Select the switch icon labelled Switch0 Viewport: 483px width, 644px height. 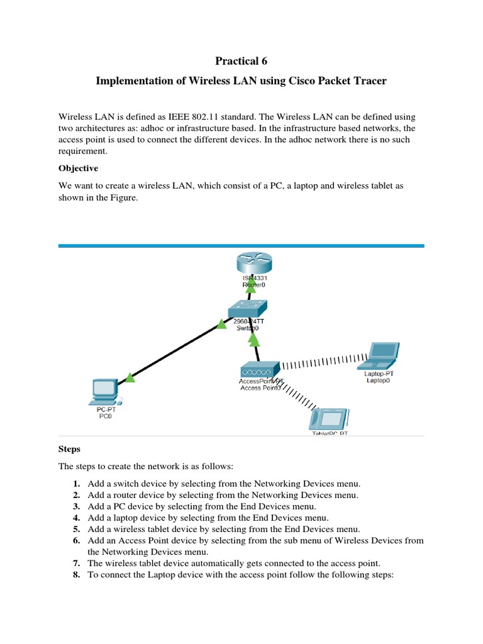tap(248, 309)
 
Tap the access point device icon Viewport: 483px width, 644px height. tap(258, 369)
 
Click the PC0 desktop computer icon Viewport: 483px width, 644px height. tap(104, 391)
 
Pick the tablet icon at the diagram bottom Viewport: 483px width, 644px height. tap(330, 418)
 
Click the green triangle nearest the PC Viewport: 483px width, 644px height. tap(130, 378)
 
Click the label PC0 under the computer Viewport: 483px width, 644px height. tap(105, 416)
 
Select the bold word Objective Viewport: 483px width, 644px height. tap(78, 169)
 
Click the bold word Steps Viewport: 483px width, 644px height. tap(70, 450)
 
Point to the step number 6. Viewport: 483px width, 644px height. tap(76, 540)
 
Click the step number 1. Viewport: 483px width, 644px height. tap(76, 484)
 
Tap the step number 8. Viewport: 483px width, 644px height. tap(76, 574)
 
